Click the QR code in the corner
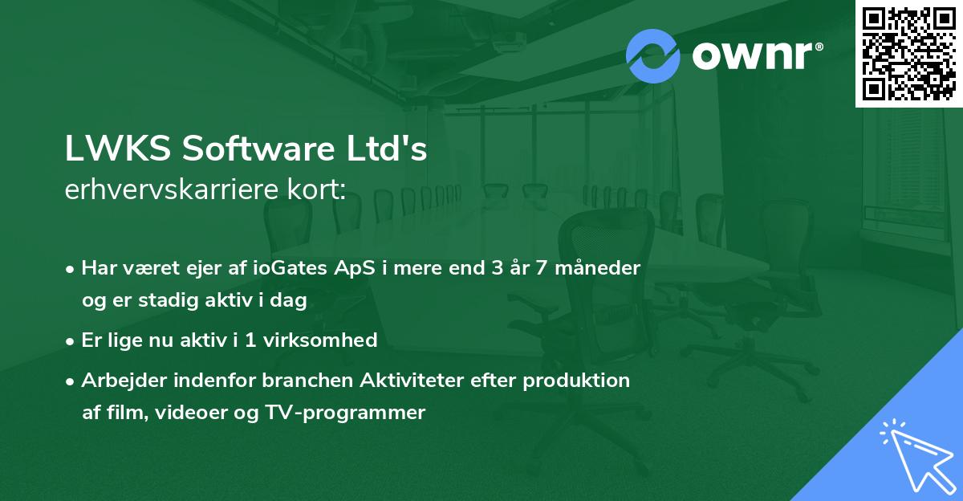coord(908,53)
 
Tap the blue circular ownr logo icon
coord(653,56)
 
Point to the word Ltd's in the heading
coord(392,150)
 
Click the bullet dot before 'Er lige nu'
coord(71,341)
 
